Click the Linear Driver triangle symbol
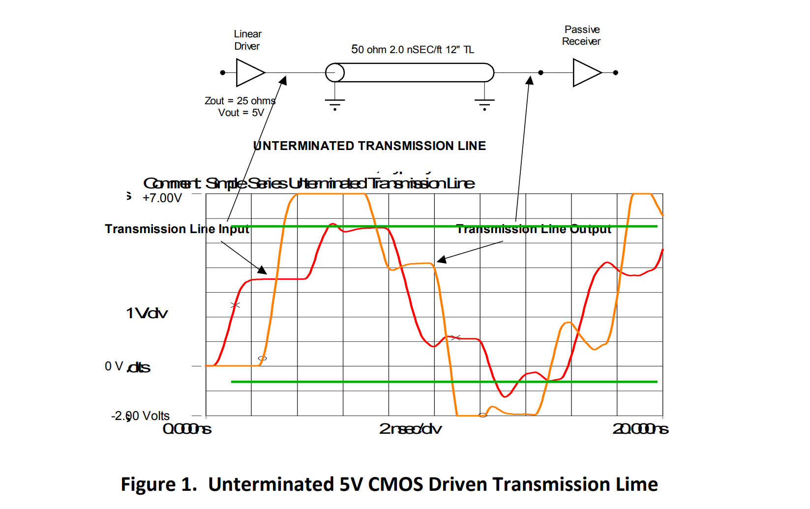(x=248, y=73)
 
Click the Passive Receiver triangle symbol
(x=585, y=73)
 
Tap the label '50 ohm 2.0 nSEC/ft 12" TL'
(x=412, y=50)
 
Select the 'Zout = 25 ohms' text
(x=240, y=101)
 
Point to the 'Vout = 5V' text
(x=241, y=113)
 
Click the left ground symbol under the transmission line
(x=335, y=103)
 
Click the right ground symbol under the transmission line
(x=484, y=103)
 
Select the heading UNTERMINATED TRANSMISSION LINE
(x=369, y=146)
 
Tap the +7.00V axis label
(x=162, y=198)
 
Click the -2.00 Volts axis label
(x=140, y=416)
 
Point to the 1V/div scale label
(x=147, y=313)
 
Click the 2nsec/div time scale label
(x=410, y=429)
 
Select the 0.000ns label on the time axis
(x=187, y=429)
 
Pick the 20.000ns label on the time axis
(x=640, y=429)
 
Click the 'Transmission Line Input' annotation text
(x=177, y=229)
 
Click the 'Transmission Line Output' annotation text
(x=534, y=230)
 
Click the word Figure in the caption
(x=148, y=484)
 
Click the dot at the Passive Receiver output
(x=616, y=73)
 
